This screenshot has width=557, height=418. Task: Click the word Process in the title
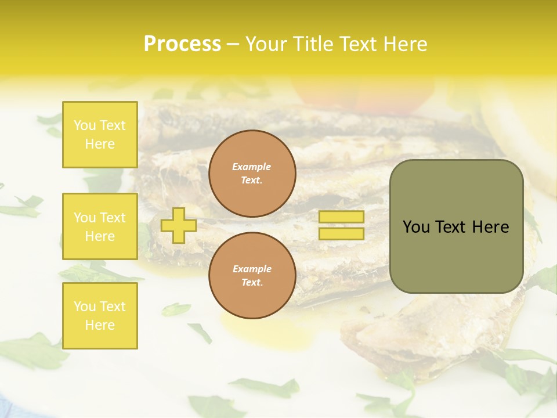click(x=182, y=44)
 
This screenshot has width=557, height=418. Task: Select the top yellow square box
click(x=100, y=135)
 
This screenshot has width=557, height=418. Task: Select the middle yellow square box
click(x=100, y=226)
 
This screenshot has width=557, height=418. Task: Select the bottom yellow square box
click(x=100, y=315)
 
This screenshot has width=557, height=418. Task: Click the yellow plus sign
click(x=178, y=225)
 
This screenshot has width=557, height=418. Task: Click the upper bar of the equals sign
click(x=341, y=217)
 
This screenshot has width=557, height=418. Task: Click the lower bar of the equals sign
click(x=341, y=234)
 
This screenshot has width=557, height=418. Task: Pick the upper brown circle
click(x=252, y=174)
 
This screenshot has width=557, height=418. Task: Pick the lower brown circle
click(x=252, y=276)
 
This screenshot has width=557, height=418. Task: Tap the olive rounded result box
click(x=456, y=226)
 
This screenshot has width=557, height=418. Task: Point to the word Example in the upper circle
click(x=252, y=167)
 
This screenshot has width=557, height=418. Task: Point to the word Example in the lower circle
click(x=252, y=269)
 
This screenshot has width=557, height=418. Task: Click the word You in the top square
click(x=85, y=125)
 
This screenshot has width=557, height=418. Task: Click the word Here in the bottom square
click(x=100, y=325)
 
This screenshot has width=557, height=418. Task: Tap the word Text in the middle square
click(x=113, y=218)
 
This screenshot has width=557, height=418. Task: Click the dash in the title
click(x=233, y=44)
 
